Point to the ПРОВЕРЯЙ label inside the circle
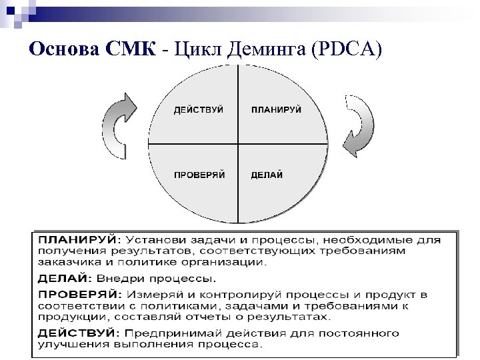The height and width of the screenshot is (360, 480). (199, 175)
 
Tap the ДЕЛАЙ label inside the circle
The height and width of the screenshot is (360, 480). (267, 175)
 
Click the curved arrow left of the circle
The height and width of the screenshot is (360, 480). (121, 125)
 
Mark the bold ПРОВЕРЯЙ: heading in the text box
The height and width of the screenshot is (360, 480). (79, 294)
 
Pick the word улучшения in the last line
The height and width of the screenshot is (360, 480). (69, 345)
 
